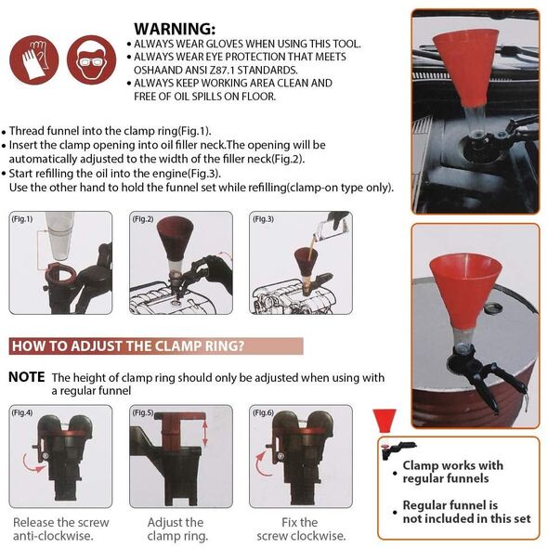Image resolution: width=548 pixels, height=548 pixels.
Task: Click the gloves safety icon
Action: [33, 59]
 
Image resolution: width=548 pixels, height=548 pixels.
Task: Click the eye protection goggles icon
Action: [92, 59]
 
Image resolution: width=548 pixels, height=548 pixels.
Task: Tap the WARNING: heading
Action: [175, 29]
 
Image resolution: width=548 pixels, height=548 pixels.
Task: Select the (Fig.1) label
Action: [21, 219]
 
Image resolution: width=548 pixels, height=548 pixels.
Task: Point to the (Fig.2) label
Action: [143, 219]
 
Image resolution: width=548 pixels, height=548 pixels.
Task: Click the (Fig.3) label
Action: [263, 219]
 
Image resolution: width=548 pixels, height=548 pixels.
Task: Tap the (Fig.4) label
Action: [21, 412]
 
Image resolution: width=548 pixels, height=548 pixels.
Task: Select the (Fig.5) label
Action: [143, 412]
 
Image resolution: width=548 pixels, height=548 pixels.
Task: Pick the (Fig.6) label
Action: [263, 412]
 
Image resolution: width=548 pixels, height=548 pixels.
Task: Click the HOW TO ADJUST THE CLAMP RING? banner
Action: [156, 346]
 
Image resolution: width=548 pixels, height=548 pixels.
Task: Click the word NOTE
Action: [27, 377]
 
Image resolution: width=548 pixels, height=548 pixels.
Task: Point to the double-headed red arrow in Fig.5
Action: [205, 433]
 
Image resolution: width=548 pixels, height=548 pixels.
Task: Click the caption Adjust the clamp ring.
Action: [177, 529]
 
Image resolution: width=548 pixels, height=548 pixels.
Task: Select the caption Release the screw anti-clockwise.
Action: [60, 529]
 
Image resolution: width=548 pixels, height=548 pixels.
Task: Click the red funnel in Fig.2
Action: [175, 238]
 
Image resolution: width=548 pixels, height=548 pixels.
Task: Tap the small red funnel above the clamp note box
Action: [385, 421]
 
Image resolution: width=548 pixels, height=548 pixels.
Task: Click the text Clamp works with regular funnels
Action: [452, 472]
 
